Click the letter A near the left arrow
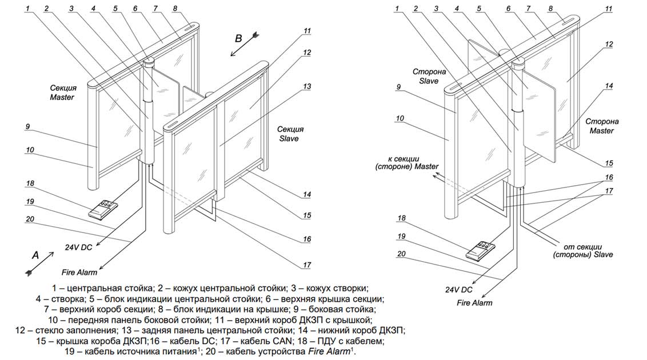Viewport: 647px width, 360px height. [x=36, y=256]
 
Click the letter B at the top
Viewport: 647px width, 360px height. [x=239, y=38]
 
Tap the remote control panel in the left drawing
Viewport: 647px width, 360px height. [x=103, y=209]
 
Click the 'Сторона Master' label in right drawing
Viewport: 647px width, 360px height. [x=602, y=126]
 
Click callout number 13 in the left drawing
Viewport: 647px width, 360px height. [x=307, y=86]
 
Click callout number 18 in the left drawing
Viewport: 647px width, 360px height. [x=30, y=183]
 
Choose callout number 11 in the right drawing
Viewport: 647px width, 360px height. [x=609, y=9]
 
